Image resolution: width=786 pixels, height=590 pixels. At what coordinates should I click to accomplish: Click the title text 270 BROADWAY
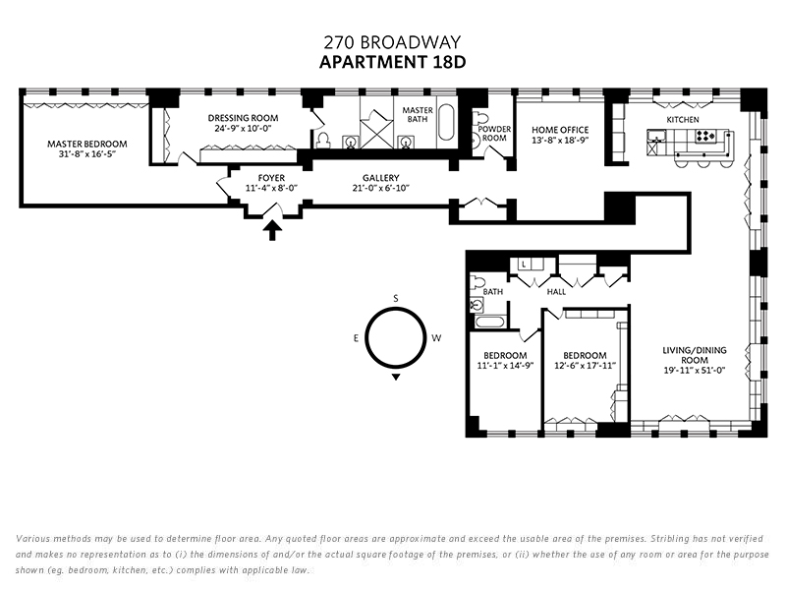tap(392, 42)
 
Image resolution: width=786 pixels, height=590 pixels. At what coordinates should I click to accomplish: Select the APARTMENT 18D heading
tap(392, 62)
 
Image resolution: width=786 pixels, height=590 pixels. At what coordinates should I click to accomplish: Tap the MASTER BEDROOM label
tap(87, 144)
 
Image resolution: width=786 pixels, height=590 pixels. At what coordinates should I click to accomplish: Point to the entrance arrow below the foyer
tap(273, 230)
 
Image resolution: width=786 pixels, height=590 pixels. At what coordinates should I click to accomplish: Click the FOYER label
tap(271, 178)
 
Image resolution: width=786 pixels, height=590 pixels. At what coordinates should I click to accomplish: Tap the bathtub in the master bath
tap(446, 126)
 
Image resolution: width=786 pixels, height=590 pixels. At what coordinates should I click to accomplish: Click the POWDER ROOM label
tap(493, 134)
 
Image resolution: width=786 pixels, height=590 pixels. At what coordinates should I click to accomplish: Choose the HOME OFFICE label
tap(559, 129)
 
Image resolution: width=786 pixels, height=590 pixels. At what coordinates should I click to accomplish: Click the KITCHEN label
tap(683, 119)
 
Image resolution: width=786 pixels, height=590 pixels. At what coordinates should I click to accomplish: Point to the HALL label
tap(557, 292)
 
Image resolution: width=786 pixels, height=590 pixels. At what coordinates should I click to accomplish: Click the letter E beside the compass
tap(355, 338)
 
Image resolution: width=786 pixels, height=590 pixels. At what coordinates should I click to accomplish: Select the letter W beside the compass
tap(436, 338)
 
